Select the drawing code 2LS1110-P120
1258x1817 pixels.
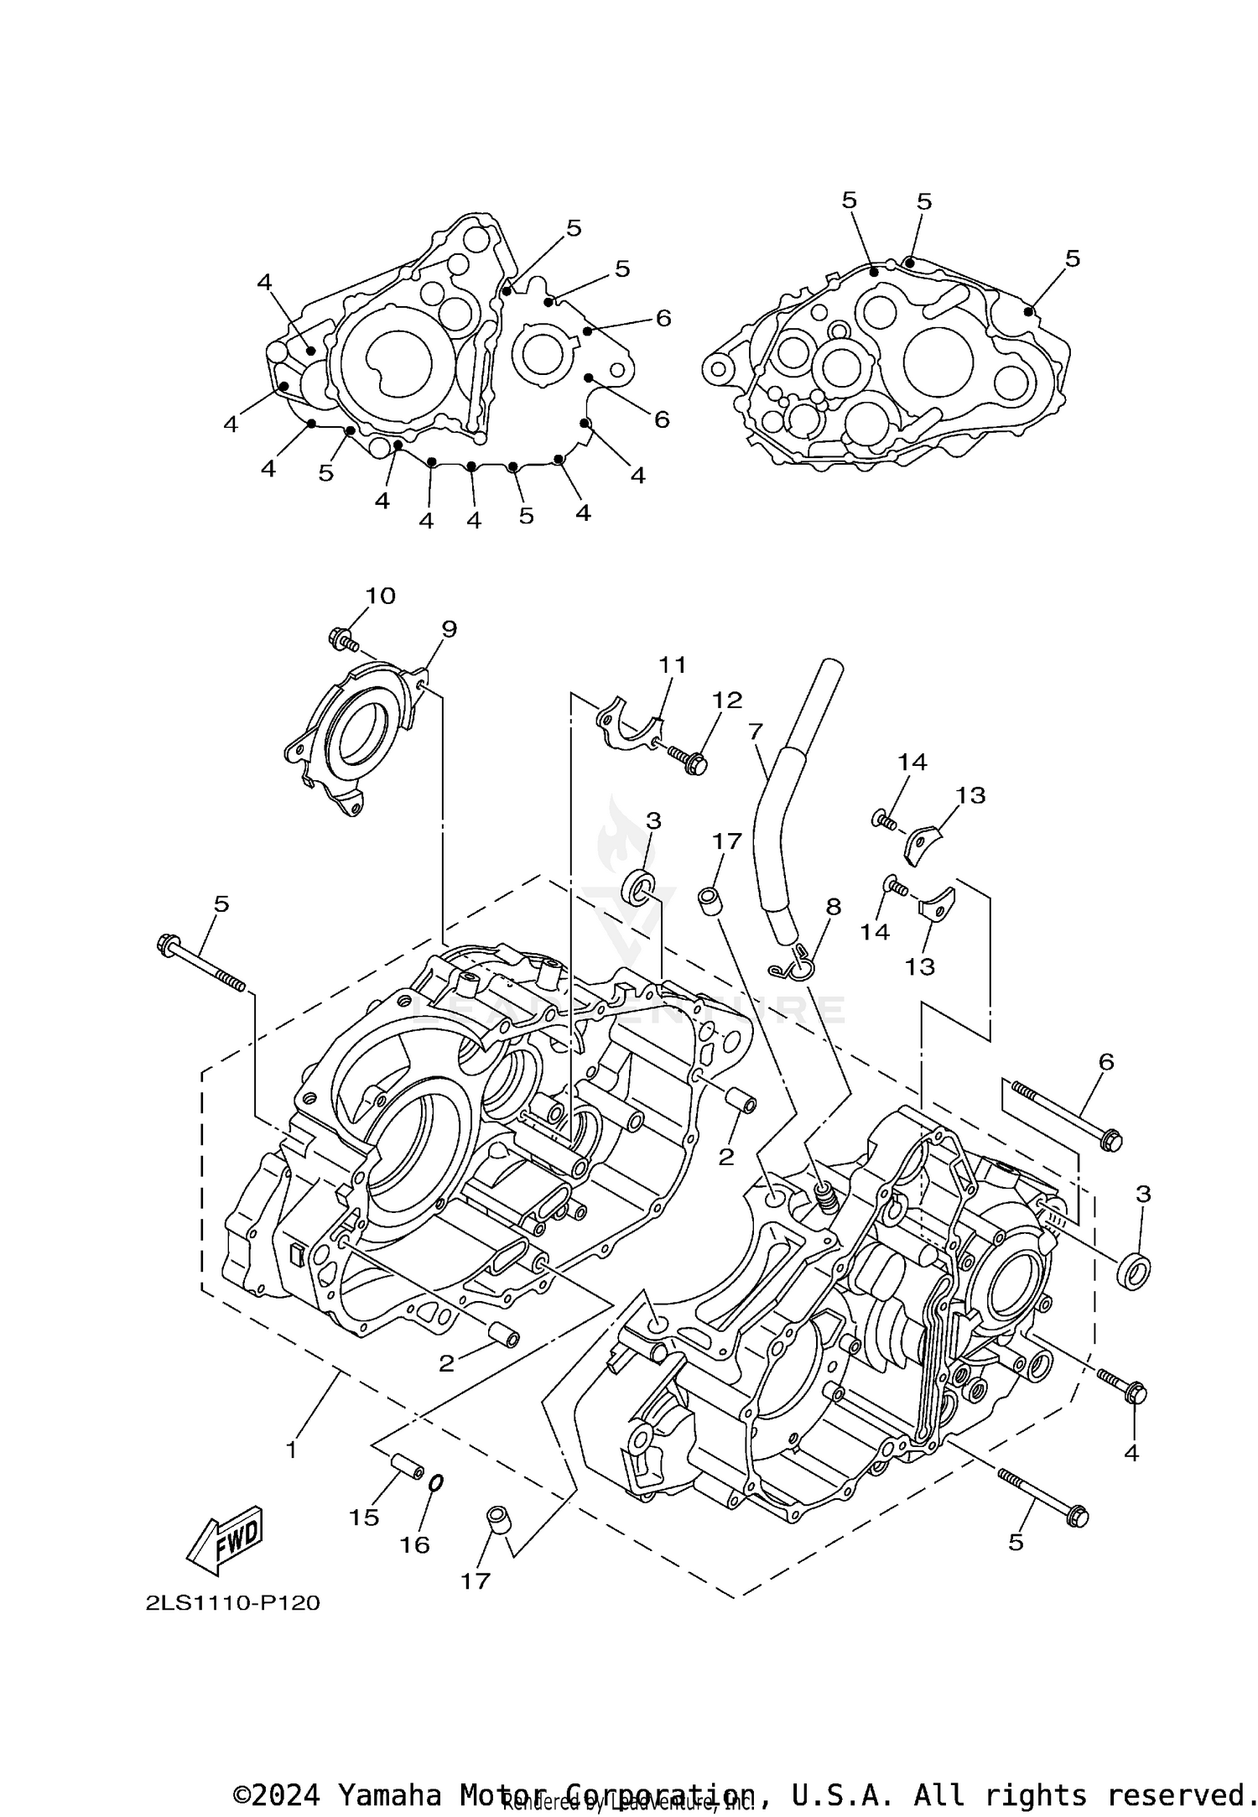[232, 1603]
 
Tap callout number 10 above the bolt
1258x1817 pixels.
[380, 596]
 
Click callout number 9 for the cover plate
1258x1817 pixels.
[449, 629]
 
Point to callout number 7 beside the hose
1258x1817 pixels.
[755, 731]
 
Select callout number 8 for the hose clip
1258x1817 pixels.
[833, 907]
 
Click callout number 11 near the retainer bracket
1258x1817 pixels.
[672, 665]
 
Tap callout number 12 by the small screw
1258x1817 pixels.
[727, 700]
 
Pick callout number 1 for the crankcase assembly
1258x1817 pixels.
[291, 1450]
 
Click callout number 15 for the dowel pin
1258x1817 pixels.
[364, 1517]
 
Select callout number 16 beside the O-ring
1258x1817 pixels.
[414, 1544]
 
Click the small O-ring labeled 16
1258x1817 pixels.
[435, 1483]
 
